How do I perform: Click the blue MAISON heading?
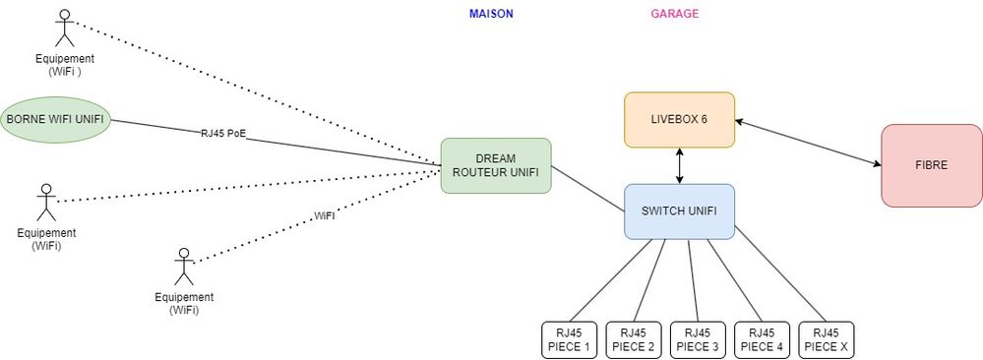[x=491, y=14]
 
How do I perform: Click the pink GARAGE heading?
[x=675, y=14]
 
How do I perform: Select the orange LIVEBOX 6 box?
[x=680, y=120]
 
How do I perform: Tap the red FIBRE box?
[x=931, y=165]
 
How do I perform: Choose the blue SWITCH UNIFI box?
[x=679, y=210]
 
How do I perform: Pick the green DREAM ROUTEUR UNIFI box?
[x=496, y=165]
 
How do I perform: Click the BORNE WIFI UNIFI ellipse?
[x=54, y=120]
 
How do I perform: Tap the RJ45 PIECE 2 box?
[x=634, y=339]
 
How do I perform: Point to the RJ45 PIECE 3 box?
[x=698, y=339]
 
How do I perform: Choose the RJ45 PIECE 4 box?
[x=762, y=339]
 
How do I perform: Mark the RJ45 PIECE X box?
[x=827, y=339]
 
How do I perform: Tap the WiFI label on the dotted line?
[x=324, y=215]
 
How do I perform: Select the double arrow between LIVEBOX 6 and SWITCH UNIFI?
[x=680, y=165]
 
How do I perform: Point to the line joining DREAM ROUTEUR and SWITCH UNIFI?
[x=588, y=189]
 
